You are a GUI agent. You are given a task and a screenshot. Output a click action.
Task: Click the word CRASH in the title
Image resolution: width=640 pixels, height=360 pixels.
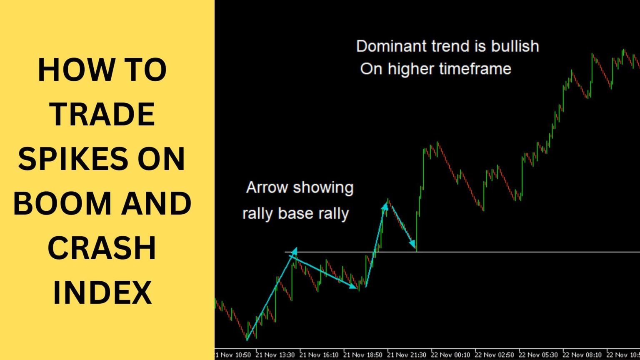point(102,247)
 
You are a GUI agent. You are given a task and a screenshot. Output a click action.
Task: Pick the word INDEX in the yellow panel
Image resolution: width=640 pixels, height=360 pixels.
point(102,292)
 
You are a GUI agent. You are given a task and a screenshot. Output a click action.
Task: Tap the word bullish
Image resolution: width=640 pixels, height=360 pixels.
point(515,46)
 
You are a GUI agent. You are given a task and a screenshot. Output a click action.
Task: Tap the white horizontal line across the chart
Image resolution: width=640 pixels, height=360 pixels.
point(521,252)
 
